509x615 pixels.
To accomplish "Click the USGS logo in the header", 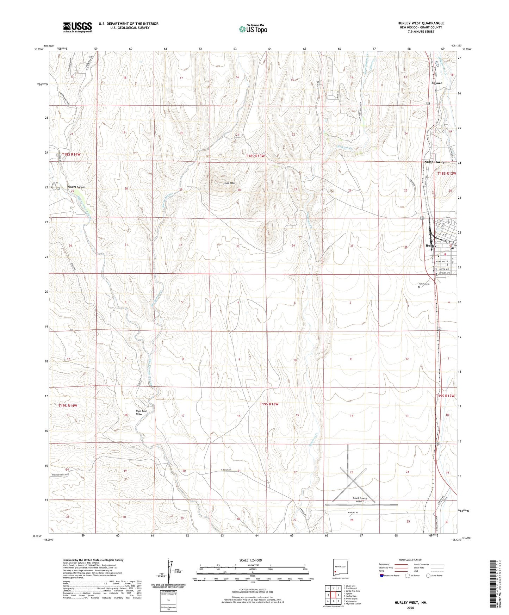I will click(77, 27).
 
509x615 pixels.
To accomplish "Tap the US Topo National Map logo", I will click(253, 29).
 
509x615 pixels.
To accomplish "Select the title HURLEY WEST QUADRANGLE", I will click(416, 23).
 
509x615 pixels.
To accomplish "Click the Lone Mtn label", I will click(229, 183).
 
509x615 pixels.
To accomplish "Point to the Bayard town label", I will click(437, 83).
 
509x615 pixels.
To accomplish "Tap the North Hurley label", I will click(434, 162).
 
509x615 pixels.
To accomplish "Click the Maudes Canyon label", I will click(76, 187).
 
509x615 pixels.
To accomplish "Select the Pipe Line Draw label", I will click(141, 412).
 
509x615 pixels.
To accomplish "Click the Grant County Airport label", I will click(360, 499).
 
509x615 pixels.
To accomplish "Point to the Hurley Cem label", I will click(424, 284).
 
